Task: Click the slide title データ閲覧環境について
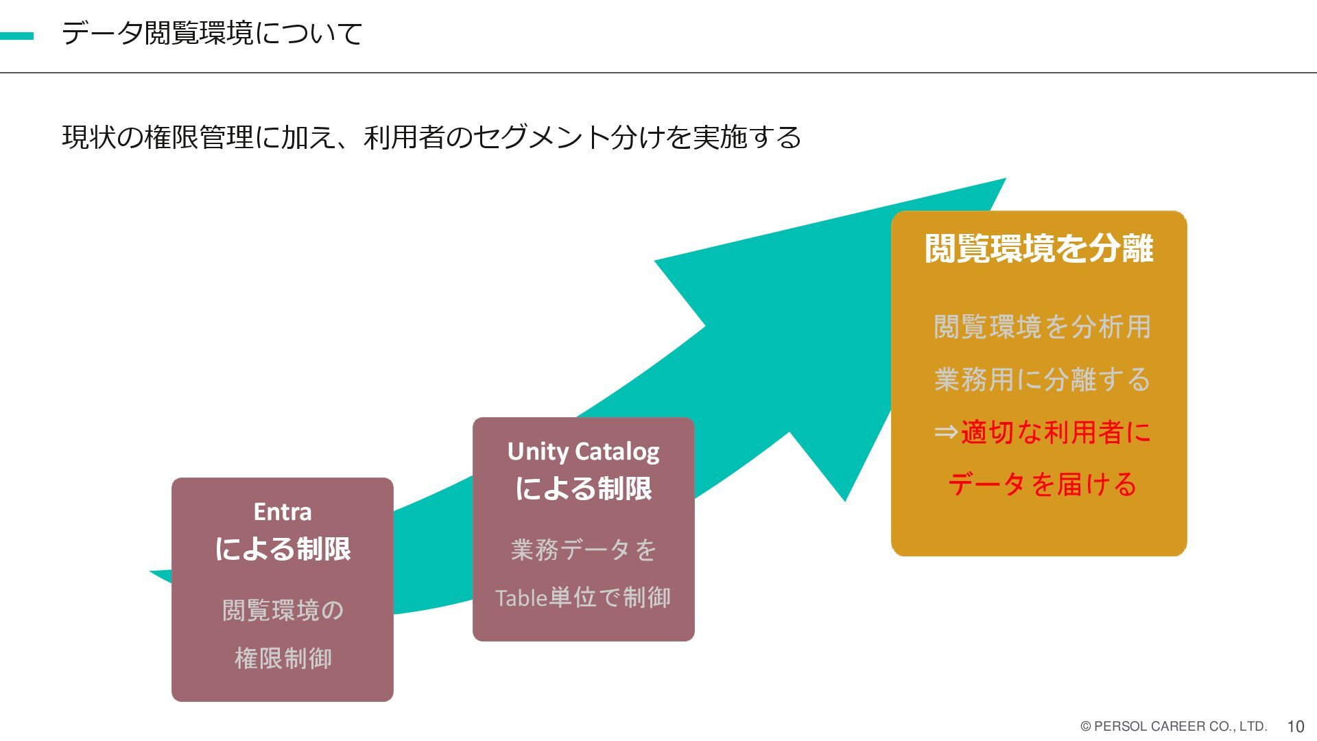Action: tap(212, 34)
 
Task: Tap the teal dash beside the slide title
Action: tap(16, 36)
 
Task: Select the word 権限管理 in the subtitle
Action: tap(199, 137)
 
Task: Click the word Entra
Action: tap(283, 512)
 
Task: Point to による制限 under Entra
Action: tap(283, 549)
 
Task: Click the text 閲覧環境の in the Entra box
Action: tap(283, 610)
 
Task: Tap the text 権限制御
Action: tap(283, 658)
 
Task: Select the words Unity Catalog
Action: tap(583, 451)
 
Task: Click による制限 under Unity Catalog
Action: tap(583, 489)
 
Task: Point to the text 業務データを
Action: tap(583, 550)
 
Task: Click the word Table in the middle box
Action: tap(521, 598)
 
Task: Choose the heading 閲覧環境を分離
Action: tap(1039, 248)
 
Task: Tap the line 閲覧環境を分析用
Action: tap(1042, 327)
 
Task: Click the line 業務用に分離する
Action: tap(1042, 379)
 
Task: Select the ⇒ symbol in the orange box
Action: tap(946, 432)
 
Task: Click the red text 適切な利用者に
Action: tap(1055, 432)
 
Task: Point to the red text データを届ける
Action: tap(1042, 484)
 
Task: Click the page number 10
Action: tap(1295, 727)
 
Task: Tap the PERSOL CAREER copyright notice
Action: tap(1173, 726)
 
